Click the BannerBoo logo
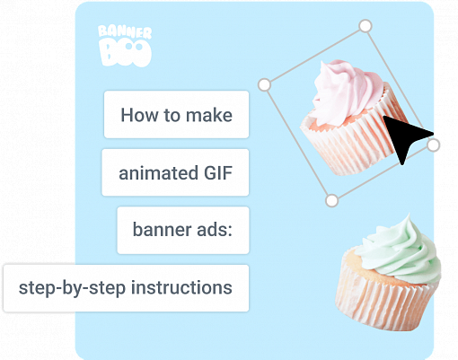click(x=124, y=46)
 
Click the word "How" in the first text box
click(x=137, y=116)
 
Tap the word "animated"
click(x=153, y=173)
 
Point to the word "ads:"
click(x=213, y=231)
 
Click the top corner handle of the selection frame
click(x=365, y=26)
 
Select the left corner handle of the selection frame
click(x=264, y=84)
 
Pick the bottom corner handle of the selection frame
click(x=331, y=198)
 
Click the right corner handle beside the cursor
click(x=434, y=145)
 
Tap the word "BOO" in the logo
click(x=124, y=55)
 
